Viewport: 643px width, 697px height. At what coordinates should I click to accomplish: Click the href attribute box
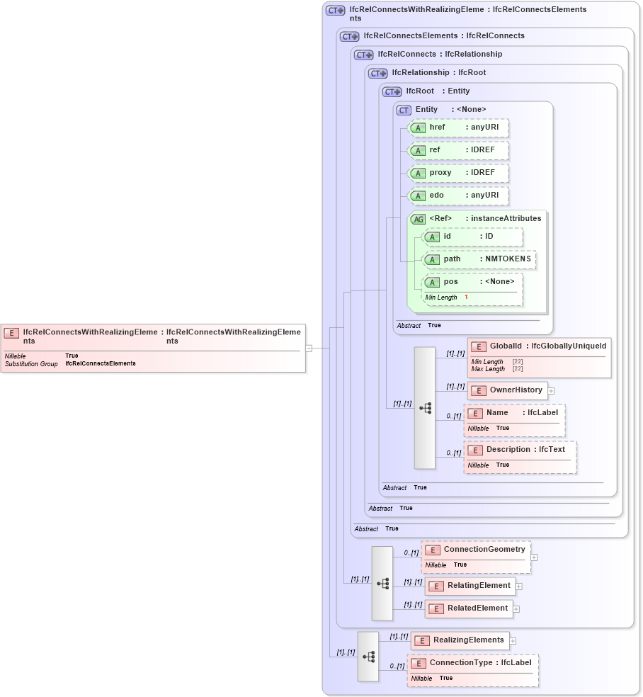click(458, 128)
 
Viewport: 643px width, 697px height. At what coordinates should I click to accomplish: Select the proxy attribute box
click(458, 173)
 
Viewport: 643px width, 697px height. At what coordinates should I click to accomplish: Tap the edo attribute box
click(458, 195)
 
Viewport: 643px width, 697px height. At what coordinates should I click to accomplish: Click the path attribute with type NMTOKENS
click(479, 259)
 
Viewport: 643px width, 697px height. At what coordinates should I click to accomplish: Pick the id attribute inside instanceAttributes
click(472, 237)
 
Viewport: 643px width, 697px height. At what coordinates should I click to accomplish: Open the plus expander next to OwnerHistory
click(551, 390)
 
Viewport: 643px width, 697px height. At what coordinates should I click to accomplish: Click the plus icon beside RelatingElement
click(519, 586)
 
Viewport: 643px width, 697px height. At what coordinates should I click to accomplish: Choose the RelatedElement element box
click(469, 608)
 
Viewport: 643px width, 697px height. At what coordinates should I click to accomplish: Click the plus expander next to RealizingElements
click(513, 641)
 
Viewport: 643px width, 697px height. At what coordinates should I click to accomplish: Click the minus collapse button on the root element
click(309, 348)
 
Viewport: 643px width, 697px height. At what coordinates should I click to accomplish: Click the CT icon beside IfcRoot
click(392, 91)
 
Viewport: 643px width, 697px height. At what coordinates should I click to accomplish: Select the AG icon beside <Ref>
click(419, 219)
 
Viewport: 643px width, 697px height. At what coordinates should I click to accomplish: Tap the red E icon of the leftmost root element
click(11, 332)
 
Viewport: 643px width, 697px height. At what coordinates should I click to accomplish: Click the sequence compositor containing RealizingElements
click(368, 657)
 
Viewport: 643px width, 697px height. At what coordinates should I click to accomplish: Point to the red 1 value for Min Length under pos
click(466, 297)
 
